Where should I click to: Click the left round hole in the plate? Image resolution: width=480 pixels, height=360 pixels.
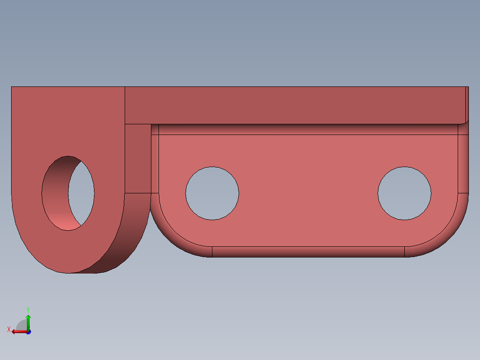click(x=212, y=193)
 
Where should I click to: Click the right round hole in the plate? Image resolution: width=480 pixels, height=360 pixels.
click(x=404, y=193)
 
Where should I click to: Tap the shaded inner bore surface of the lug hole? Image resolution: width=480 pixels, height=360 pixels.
click(x=56, y=196)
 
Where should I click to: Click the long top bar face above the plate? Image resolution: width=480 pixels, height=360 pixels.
click(x=294, y=105)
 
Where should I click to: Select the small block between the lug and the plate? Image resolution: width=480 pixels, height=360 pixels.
click(x=138, y=158)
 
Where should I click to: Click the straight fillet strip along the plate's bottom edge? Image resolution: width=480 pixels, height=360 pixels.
click(x=307, y=252)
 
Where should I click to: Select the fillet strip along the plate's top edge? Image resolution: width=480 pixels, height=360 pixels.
click(x=307, y=129)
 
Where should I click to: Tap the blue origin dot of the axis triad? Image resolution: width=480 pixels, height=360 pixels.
click(x=28, y=332)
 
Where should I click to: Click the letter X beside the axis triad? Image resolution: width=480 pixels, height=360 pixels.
click(x=8, y=330)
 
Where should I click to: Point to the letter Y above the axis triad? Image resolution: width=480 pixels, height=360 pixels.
click(x=28, y=309)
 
